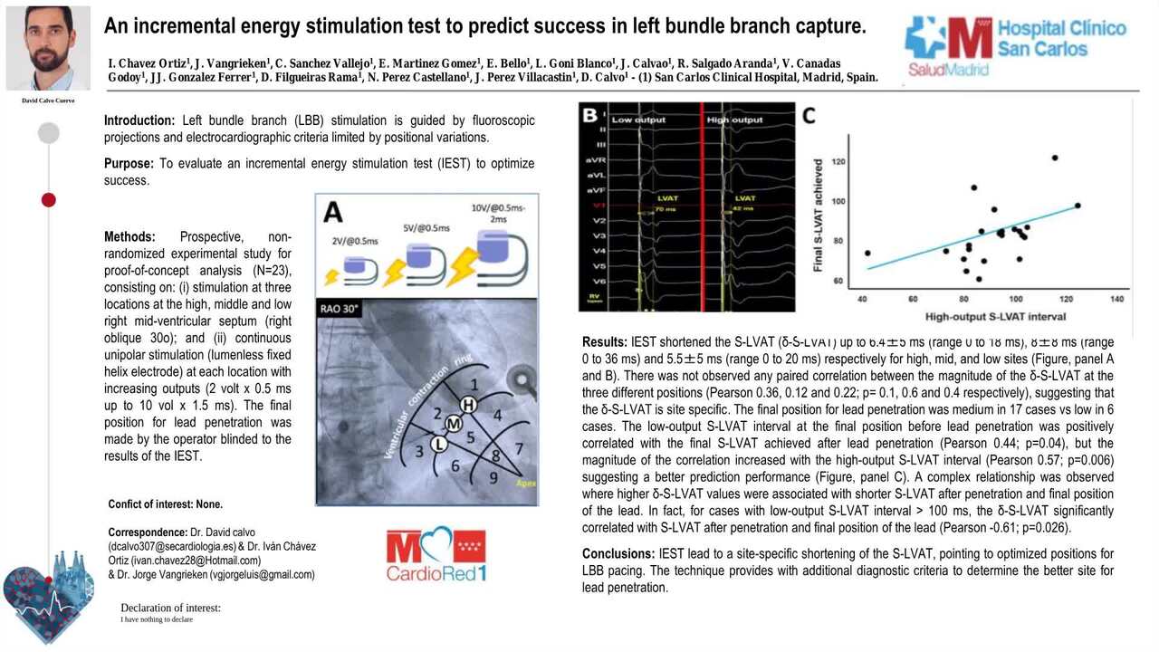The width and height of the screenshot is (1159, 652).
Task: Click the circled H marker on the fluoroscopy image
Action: [x=468, y=405]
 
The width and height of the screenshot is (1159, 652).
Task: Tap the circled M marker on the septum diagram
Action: [x=454, y=424]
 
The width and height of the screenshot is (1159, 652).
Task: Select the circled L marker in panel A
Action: [x=439, y=443]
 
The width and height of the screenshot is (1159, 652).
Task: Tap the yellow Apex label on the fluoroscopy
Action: [x=526, y=484]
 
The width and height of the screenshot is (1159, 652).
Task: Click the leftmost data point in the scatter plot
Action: [x=867, y=254]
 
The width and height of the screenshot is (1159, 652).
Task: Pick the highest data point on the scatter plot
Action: [x=1055, y=158]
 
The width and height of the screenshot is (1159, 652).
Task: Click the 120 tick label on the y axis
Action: [x=838, y=162]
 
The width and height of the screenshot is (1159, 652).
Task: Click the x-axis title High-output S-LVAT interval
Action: [x=995, y=316]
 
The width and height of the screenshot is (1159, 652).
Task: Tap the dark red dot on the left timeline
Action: [x=49, y=199]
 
